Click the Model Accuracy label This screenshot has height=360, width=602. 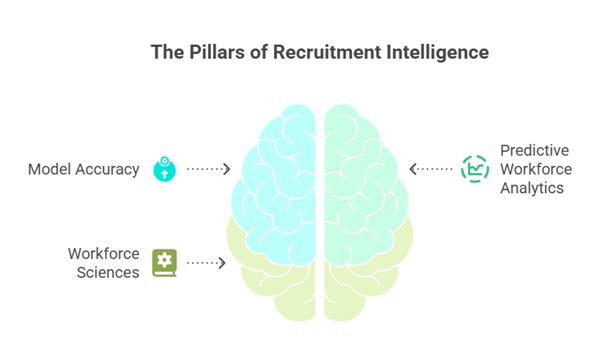(x=83, y=169)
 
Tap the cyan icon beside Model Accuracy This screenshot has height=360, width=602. (x=163, y=169)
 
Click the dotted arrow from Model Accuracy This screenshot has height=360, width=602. (x=208, y=170)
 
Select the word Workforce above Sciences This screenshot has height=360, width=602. (x=103, y=254)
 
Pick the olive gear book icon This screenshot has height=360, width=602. (x=163, y=262)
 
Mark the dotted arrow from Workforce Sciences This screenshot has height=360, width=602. (x=206, y=263)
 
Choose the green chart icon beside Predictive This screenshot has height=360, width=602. (x=473, y=168)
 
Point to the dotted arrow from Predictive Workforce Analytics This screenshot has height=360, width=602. (x=432, y=168)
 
